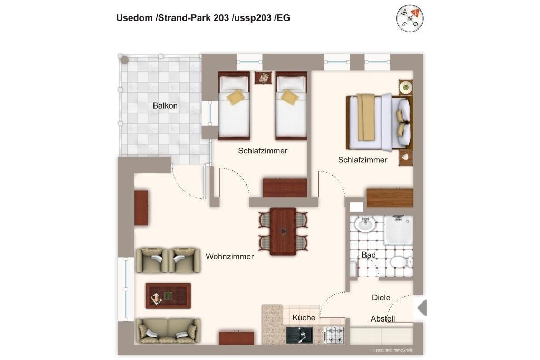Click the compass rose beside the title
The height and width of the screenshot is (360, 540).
pos(409,18)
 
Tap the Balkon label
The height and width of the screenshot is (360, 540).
pos(165,105)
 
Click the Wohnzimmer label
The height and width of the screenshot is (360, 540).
pos(230,256)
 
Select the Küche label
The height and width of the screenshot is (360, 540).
pos(304,318)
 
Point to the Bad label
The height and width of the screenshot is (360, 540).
pos(369,255)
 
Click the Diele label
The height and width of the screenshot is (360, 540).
pos(381,298)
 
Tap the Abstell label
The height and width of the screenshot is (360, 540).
pos(383,319)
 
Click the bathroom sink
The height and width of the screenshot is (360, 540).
pos(365,225)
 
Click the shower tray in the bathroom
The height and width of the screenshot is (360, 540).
pos(399,230)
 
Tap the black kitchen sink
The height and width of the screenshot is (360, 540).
pos(300,335)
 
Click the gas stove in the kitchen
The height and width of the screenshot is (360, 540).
pos(334,335)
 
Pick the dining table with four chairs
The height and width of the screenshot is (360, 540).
pos(283,231)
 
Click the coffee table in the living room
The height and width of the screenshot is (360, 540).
pos(168,296)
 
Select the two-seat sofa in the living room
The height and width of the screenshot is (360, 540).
pos(168,330)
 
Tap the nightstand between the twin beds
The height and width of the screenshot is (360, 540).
pos(263,78)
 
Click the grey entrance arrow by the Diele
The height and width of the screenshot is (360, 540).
pos(422,308)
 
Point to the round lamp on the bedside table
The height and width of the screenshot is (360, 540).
pos(406,87)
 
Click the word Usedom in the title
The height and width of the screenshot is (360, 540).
pos(134,18)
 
